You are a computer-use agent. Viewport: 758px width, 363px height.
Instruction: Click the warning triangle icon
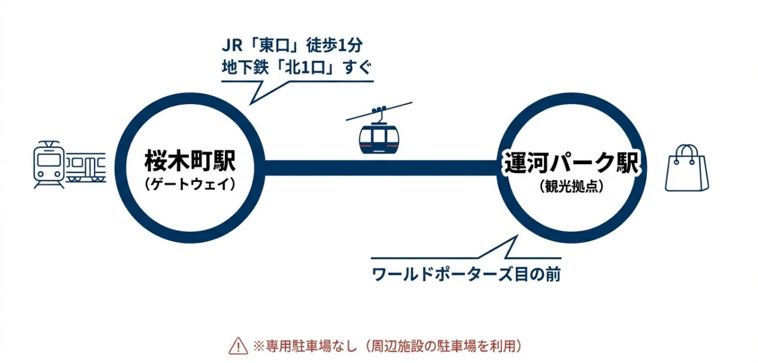[x=237, y=346]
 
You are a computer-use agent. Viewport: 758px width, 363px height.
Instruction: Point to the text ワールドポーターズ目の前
[x=466, y=275]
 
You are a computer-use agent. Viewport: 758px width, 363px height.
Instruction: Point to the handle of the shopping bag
[x=687, y=151]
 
